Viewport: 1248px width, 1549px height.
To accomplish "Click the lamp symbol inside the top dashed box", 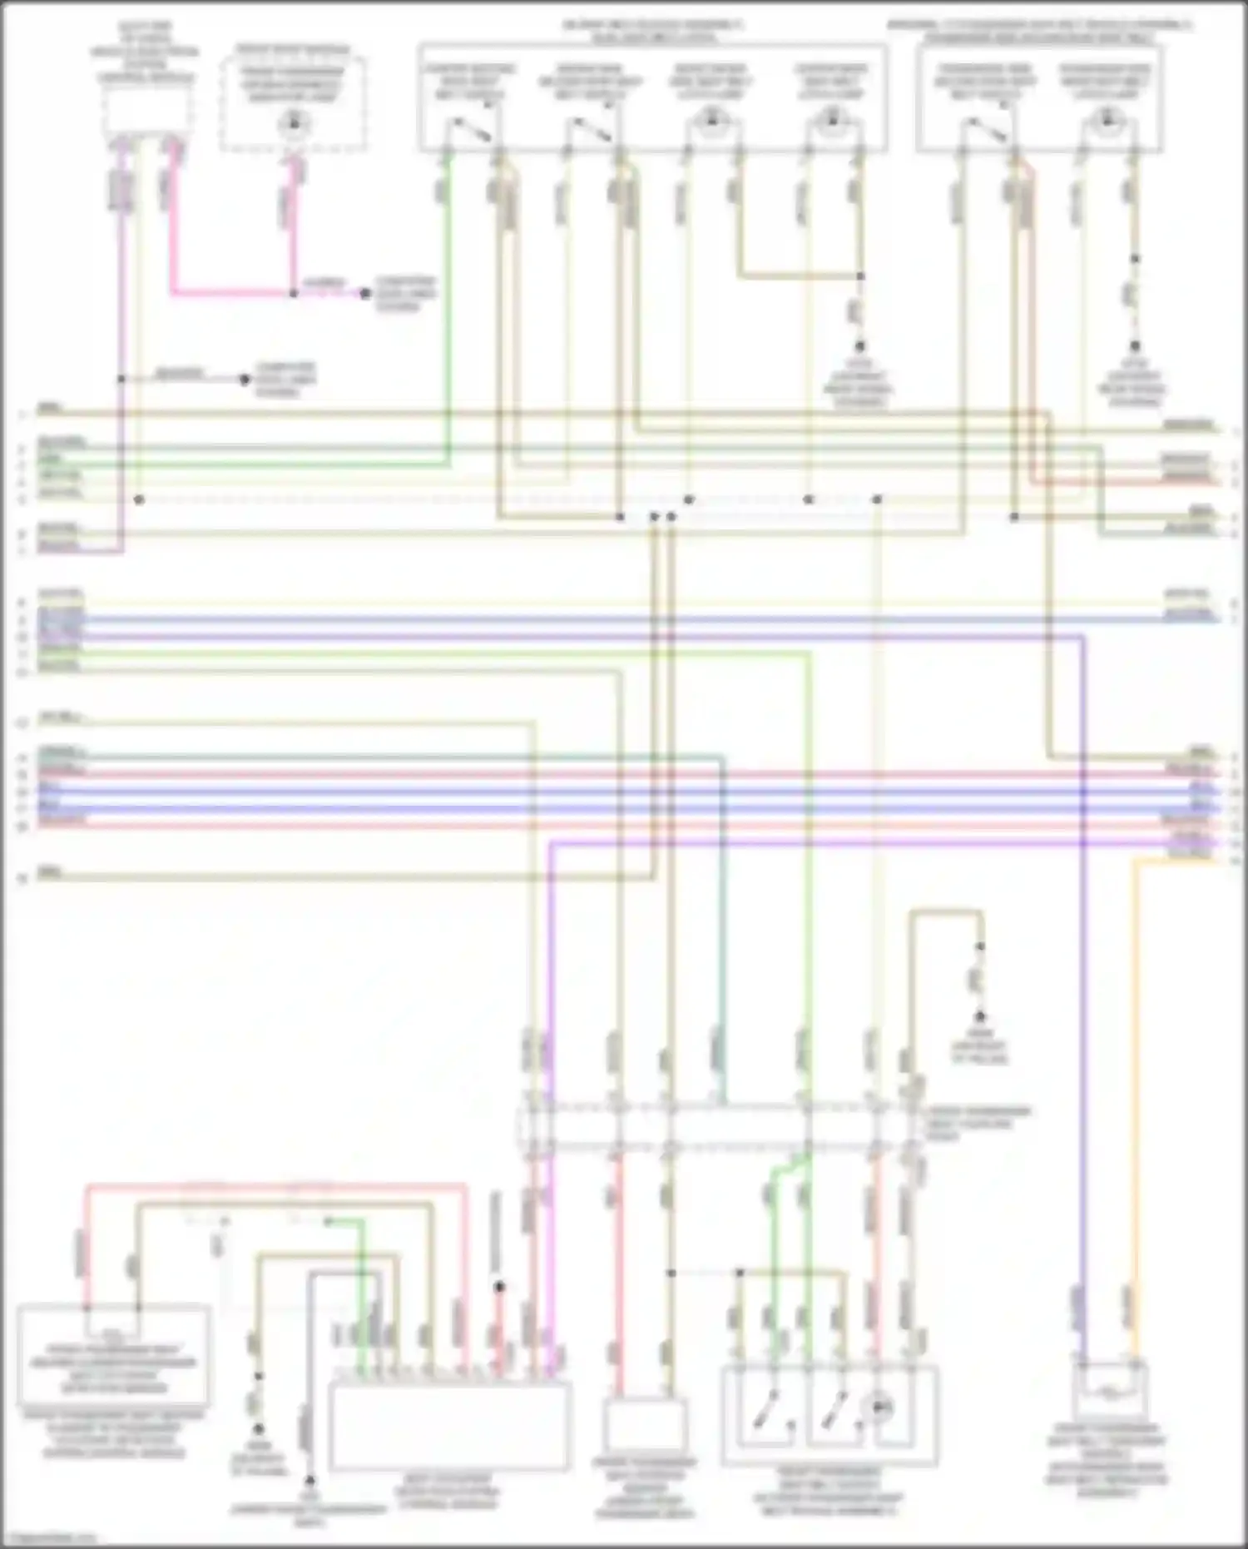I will tap(293, 124).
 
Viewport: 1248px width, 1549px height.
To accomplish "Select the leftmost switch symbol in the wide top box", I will tap(472, 129).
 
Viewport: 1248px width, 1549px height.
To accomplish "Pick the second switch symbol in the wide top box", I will tap(591, 129).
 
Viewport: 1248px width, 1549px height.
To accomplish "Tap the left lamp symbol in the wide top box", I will tap(710, 125).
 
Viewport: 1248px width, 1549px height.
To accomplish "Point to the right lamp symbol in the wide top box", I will tap(830, 125).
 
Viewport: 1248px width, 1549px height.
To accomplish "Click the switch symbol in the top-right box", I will tap(987, 129).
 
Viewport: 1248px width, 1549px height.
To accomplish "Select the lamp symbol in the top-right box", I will tap(1105, 125).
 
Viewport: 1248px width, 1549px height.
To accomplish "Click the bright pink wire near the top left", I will tap(233, 293).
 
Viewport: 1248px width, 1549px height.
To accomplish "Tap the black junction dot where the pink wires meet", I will tap(293, 294).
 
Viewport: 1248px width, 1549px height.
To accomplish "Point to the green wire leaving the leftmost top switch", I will tap(449, 316).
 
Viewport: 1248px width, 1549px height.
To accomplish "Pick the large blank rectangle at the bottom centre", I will tap(450, 1425).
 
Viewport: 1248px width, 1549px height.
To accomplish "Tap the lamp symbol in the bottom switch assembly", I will tap(882, 1408).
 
